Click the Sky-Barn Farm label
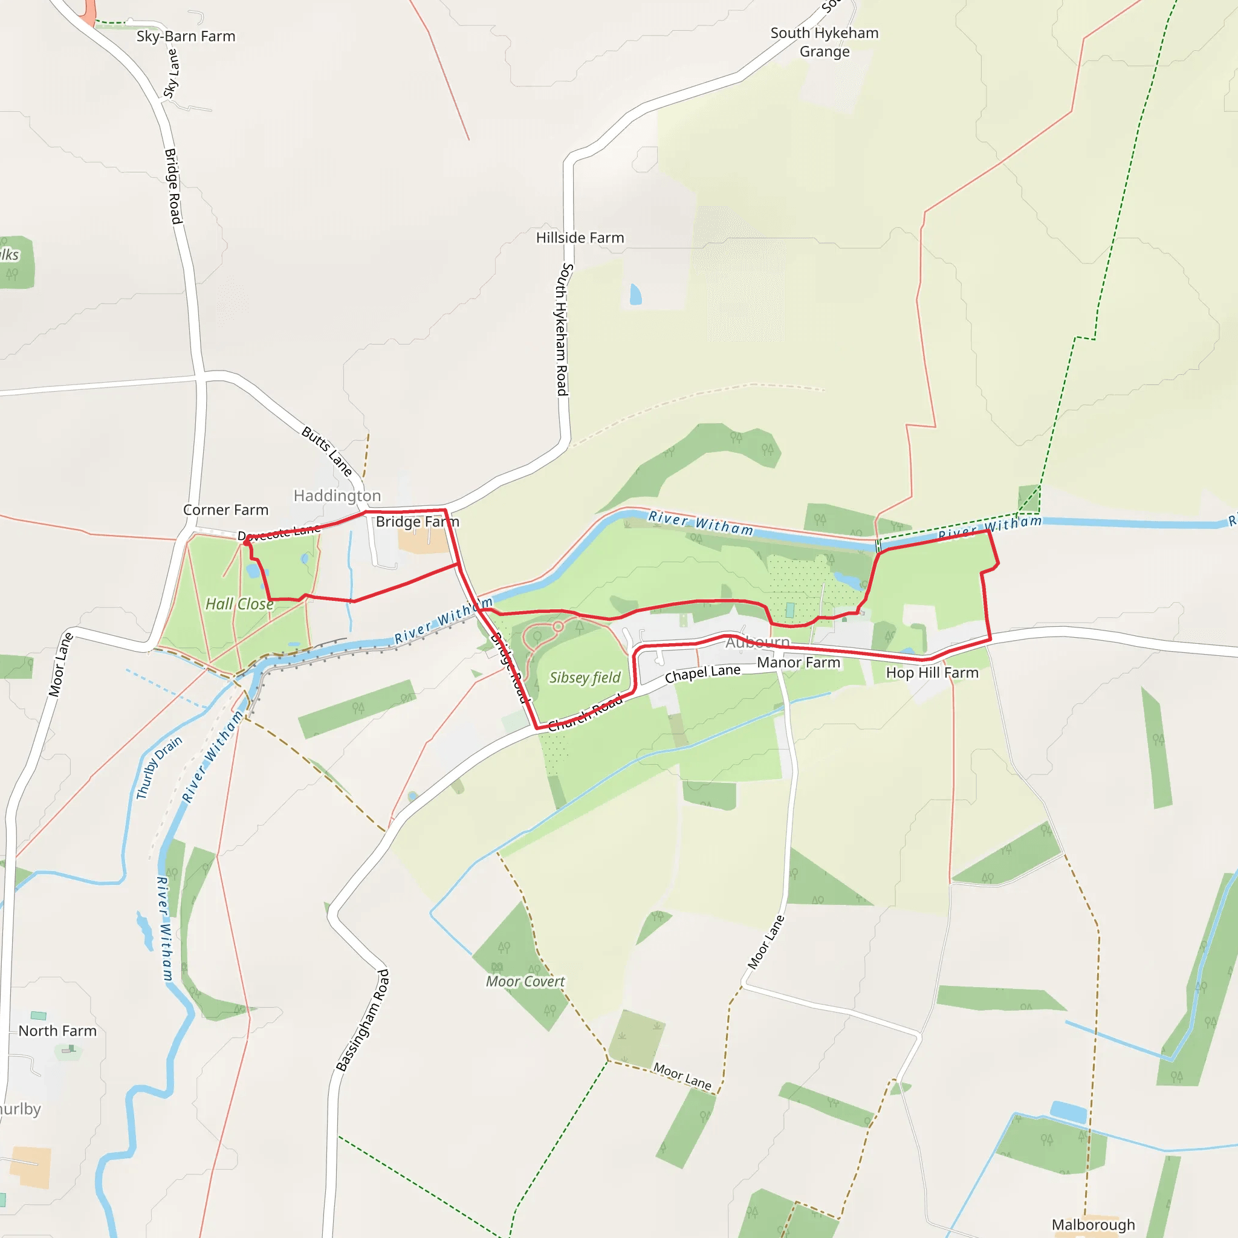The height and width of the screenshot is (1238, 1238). coord(186,36)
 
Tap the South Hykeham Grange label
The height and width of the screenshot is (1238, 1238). coord(824,42)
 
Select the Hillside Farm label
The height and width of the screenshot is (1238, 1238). coord(580,238)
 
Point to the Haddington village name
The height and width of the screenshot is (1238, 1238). coord(337,495)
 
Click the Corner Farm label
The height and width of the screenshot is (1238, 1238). coord(225,510)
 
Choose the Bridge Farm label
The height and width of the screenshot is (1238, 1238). coord(417,522)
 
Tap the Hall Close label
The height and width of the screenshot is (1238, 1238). coord(239,604)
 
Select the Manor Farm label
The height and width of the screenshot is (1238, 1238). coord(799,663)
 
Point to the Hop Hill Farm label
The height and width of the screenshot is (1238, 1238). coord(932,673)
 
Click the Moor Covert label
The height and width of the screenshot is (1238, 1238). coord(525,981)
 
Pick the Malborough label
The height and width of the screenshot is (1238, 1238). coord(1093,1225)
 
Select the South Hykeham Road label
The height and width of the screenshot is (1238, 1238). coord(562,329)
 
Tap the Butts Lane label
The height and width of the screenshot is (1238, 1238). coord(327,451)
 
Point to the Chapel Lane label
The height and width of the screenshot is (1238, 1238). coord(702,673)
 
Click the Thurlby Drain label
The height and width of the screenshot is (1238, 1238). coord(160,767)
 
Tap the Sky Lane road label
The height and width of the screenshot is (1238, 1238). coord(171,74)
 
